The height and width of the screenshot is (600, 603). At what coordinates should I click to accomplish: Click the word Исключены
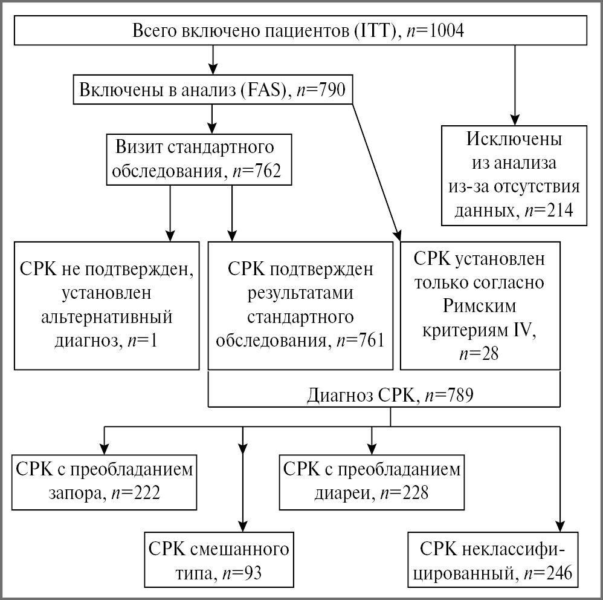click(514, 139)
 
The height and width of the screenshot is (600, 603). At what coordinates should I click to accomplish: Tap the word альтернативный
click(106, 318)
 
